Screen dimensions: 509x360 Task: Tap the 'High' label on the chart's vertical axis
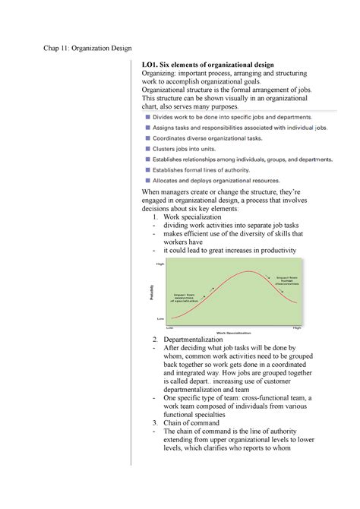tap(160, 264)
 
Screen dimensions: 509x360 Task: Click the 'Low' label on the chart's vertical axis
tap(160, 318)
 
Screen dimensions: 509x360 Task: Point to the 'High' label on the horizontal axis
tap(297, 327)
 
